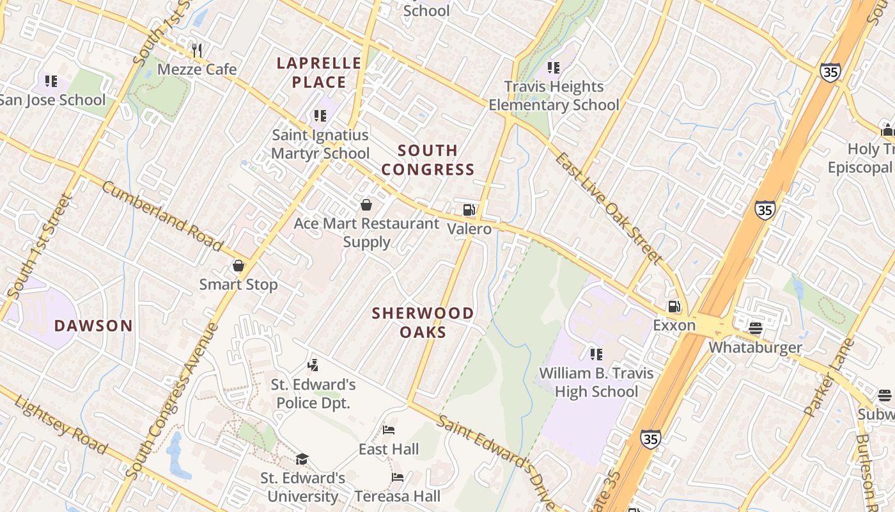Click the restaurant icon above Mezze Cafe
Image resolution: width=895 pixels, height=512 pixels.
[197, 50]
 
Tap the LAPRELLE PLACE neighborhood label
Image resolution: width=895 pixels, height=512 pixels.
[319, 72]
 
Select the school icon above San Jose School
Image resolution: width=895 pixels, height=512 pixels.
[51, 81]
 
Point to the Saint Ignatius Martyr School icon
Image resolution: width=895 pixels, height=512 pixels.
[320, 116]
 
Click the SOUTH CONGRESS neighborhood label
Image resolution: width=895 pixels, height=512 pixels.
[437, 160]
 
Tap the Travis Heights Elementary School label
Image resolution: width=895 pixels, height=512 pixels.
[554, 95]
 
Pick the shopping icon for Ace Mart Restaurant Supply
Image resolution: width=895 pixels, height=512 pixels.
[366, 205]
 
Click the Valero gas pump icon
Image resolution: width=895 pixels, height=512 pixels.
[469, 210]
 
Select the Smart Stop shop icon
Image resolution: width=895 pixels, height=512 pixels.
[238, 266]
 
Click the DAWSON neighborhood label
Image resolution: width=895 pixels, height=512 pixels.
[93, 326]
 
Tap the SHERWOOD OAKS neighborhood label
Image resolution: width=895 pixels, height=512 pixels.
[423, 323]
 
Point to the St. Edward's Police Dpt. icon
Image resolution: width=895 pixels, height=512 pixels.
[313, 365]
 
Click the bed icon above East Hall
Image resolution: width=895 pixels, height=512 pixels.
[389, 430]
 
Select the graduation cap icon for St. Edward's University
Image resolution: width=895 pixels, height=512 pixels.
[302, 459]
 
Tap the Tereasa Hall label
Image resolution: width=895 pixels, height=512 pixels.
[397, 496]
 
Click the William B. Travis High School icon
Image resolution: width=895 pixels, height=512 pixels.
[596, 354]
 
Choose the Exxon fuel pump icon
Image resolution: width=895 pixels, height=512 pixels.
[674, 307]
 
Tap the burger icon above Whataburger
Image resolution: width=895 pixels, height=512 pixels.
[755, 329]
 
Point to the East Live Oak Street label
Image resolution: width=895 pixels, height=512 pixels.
[607, 208]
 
